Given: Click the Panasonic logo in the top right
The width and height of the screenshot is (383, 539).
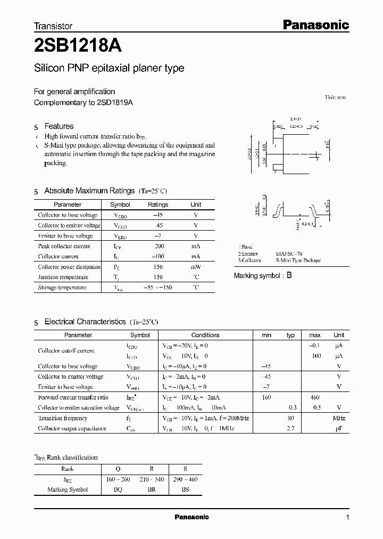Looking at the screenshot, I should [x=315, y=24].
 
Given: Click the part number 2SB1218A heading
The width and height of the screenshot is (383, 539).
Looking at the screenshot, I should [x=78, y=46].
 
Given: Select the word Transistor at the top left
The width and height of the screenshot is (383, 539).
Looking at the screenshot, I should [x=53, y=26].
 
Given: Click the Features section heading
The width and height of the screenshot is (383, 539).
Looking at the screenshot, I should [x=59, y=126].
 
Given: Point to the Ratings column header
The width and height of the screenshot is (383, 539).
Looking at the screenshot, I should [x=158, y=205].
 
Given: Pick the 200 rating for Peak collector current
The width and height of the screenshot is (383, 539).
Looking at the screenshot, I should [x=160, y=246].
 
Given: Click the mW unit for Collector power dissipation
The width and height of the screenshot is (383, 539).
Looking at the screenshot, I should [x=196, y=267].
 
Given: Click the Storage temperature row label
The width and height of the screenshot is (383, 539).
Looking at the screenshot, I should [x=62, y=288].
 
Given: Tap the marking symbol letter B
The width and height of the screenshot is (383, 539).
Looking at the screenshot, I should [x=289, y=275].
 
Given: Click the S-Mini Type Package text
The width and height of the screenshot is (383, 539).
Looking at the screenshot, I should [x=298, y=260].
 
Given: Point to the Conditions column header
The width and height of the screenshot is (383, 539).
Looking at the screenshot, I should [x=205, y=335].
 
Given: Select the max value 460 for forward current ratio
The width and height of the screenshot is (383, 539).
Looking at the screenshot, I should [x=314, y=397].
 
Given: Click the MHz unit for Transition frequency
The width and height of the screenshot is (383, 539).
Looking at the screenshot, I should [x=339, y=418].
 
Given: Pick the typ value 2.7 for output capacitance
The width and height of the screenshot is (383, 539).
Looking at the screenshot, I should [x=291, y=428].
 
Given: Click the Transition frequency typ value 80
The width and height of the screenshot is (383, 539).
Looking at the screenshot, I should [x=291, y=418].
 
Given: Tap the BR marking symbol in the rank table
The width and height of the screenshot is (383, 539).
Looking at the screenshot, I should [x=152, y=489].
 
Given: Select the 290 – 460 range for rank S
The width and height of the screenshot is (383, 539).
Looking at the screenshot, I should [x=185, y=479].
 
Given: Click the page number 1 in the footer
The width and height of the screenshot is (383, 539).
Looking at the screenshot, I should [x=347, y=517].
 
